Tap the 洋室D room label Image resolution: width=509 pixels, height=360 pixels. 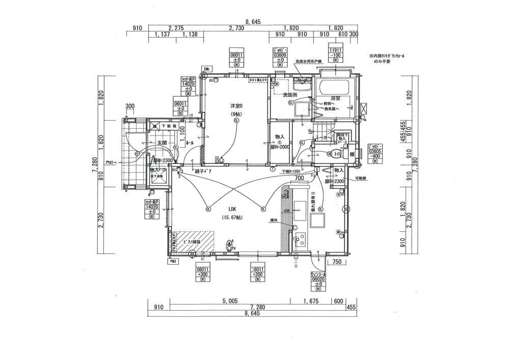(x=235, y=105)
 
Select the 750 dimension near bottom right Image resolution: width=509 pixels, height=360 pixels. (x=337, y=262)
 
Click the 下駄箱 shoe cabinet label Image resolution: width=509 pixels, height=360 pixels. (x=169, y=125)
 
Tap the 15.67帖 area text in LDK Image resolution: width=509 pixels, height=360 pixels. (x=232, y=218)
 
